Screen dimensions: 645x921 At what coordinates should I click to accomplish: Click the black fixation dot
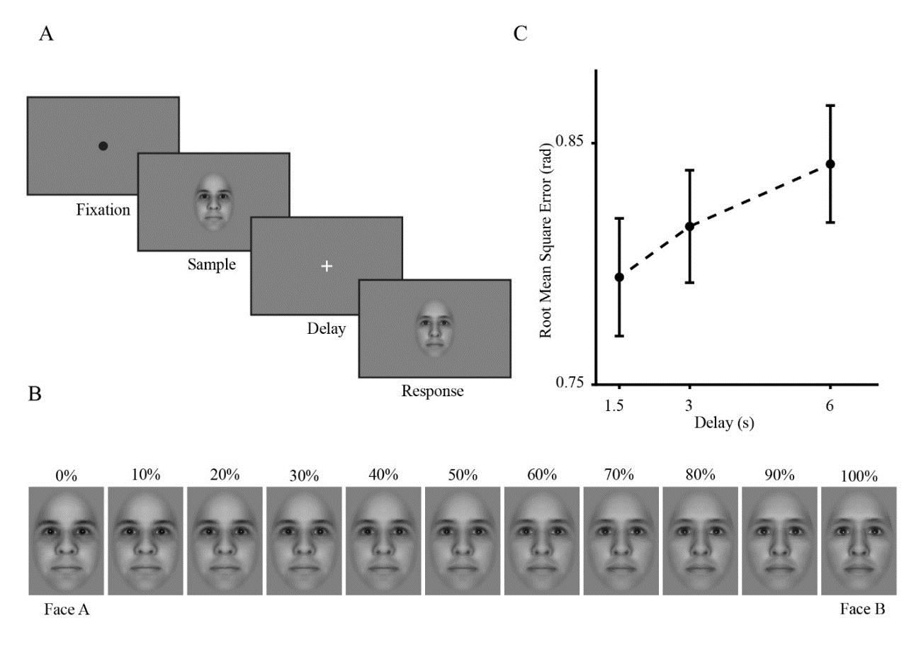tap(103, 146)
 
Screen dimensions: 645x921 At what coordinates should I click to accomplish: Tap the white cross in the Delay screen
tap(327, 266)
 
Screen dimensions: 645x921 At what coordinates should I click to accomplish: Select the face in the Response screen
tap(434, 327)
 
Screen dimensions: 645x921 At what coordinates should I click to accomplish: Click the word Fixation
tap(104, 210)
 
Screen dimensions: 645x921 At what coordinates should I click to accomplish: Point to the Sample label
tap(211, 265)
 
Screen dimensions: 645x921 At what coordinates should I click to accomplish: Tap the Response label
tap(432, 391)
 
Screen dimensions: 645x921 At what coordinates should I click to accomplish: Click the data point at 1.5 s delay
tap(619, 277)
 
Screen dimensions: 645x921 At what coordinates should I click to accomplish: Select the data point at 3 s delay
tap(689, 226)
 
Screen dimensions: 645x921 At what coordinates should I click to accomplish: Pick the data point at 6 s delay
tap(830, 164)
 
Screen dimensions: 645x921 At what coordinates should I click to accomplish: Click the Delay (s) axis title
tap(723, 424)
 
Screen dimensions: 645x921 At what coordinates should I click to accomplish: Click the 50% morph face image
tap(463, 541)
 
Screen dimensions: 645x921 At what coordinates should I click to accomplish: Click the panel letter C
tap(520, 33)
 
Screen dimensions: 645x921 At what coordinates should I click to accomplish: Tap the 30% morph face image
tap(304, 541)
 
